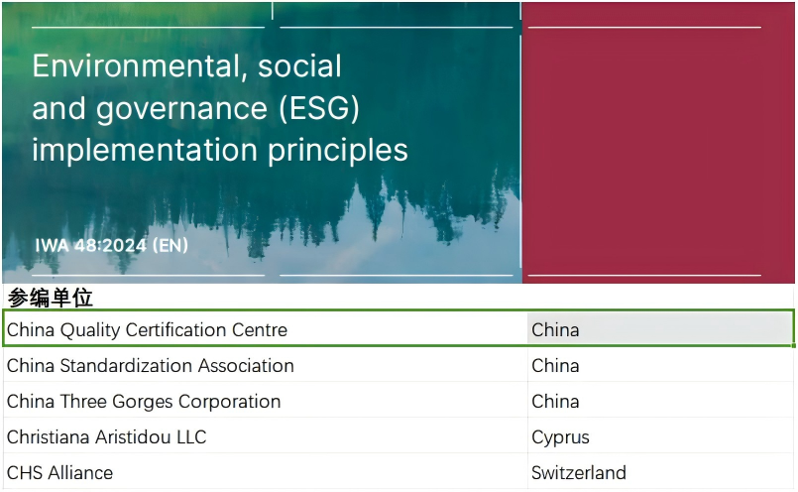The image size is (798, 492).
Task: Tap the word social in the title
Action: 299,66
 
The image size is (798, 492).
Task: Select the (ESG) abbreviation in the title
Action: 319,108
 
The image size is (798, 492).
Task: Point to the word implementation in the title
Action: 145,151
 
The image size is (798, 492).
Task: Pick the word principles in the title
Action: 337,151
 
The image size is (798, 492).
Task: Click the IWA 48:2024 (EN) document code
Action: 111,245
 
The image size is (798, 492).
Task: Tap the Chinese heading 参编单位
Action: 50,298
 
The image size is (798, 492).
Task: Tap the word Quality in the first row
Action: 90,331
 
